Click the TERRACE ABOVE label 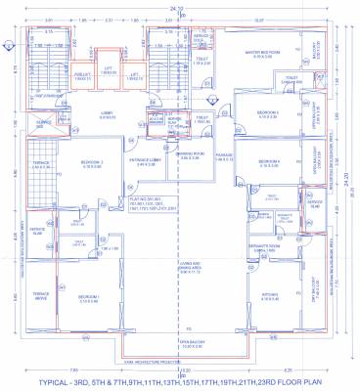click(x=41, y=294)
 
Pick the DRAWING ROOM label click(x=190, y=153)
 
